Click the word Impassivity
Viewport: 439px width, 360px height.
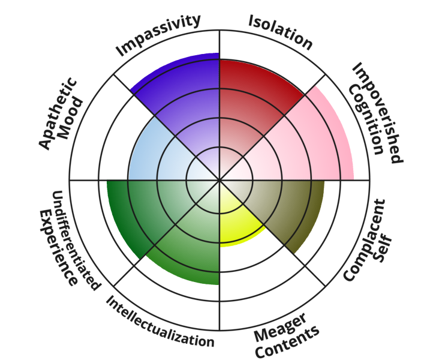(x=158, y=36)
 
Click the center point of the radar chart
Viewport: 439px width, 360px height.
(x=220, y=179)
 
